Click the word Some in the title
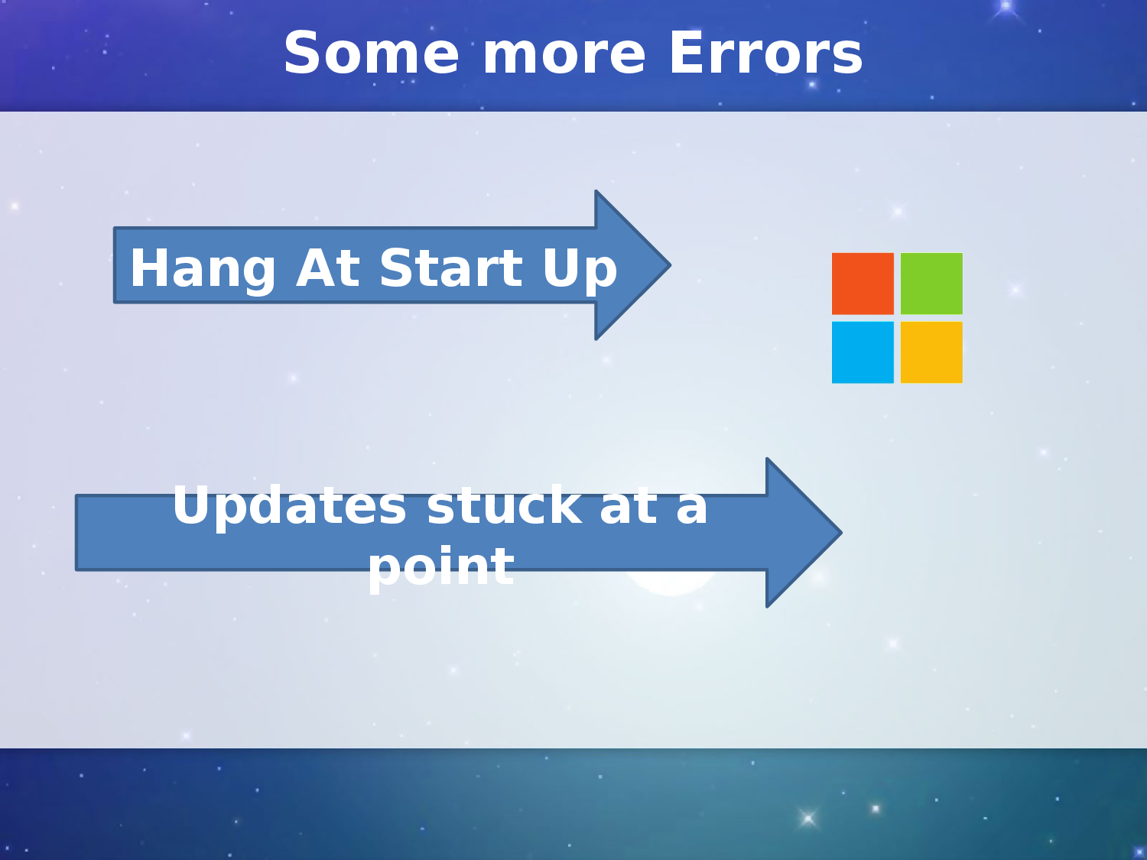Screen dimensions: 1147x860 (x=371, y=53)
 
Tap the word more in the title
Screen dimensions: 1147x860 (x=564, y=57)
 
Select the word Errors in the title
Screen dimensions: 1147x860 (x=766, y=53)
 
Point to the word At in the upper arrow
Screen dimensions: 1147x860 (x=327, y=268)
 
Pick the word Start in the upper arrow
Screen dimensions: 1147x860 (x=451, y=268)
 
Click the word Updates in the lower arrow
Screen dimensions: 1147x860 (x=290, y=508)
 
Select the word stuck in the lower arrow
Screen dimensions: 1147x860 (x=504, y=505)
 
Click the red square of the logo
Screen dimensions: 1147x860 (x=863, y=284)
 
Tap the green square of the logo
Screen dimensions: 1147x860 (x=931, y=284)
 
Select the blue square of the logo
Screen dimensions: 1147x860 (x=863, y=352)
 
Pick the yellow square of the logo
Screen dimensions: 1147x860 (x=931, y=352)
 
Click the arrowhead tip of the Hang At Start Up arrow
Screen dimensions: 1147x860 (x=671, y=265)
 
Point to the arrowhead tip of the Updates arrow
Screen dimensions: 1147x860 (x=842, y=533)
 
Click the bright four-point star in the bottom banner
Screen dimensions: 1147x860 (x=807, y=818)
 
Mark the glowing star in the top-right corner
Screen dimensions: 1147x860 (x=1006, y=6)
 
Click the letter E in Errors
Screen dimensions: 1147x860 (x=686, y=53)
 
